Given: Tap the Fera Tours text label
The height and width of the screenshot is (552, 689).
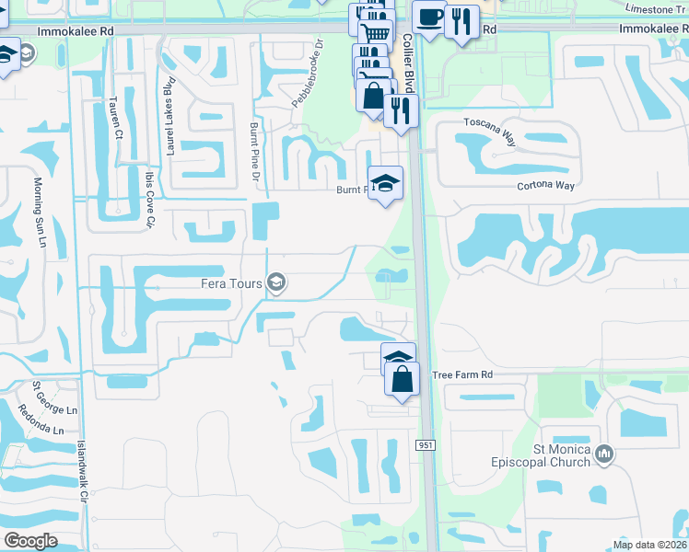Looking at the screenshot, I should pyautogui.click(x=233, y=283).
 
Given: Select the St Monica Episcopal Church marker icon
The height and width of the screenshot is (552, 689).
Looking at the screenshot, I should pyautogui.click(x=604, y=454).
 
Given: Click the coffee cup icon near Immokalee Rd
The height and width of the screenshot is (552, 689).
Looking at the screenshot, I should pyautogui.click(x=428, y=17).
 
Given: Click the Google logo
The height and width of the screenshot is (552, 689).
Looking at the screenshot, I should pyautogui.click(x=30, y=541).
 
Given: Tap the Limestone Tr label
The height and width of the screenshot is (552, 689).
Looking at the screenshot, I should pyautogui.click(x=655, y=8).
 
